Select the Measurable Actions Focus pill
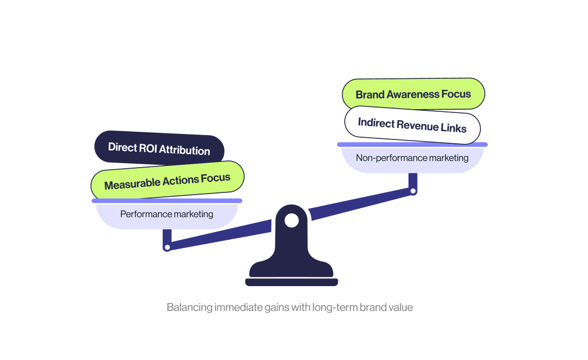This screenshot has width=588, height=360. (x=167, y=180)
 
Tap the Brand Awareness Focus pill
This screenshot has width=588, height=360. (x=413, y=94)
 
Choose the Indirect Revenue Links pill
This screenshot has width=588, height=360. (x=412, y=125)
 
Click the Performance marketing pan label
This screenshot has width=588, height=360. (x=167, y=214)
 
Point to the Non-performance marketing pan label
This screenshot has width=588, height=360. (x=412, y=158)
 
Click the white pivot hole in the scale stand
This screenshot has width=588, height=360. (x=291, y=221)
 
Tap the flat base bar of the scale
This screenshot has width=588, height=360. (x=291, y=282)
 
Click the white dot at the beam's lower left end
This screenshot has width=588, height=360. (x=167, y=248)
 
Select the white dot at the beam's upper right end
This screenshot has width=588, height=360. (x=413, y=191)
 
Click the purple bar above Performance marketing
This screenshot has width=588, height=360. (x=167, y=201)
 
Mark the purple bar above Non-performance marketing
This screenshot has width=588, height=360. (x=412, y=144)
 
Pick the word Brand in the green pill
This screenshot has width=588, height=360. (x=370, y=95)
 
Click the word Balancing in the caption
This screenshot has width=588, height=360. (x=189, y=308)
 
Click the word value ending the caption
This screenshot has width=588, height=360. (x=400, y=308)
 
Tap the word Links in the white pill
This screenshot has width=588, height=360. (x=453, y=128)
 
